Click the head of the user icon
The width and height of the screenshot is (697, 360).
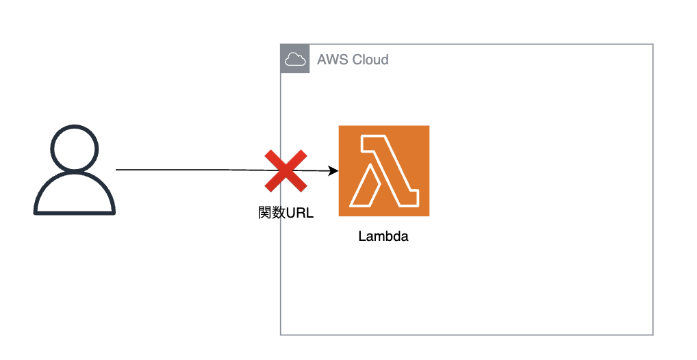click(x=75, y=149)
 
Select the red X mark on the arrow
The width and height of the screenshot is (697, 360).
click(x=286, y=170)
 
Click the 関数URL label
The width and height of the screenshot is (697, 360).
click(x=285, y=212)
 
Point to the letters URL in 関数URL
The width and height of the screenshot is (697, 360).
click(x=299, y=212)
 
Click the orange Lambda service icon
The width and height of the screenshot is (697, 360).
click(x=383, y=170)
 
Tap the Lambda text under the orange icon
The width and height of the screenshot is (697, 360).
click(x=383, y=237)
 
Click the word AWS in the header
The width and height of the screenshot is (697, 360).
click(x=331, y=60)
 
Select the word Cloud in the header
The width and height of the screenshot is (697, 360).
click(x=370, y=60)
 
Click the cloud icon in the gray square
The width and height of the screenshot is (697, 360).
click(x=295, y=60)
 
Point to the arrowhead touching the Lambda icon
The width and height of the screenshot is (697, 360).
click(x=334, y=171)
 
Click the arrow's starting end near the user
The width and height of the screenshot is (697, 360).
click(x=117, y=169)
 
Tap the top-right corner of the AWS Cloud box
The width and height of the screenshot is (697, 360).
click(x=653, y=44)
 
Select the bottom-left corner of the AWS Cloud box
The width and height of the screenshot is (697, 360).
click(x=281, y=335)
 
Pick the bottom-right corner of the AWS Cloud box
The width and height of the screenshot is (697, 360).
click(x=653, y=335)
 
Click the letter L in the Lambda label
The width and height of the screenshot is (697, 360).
click(x=362, y=237)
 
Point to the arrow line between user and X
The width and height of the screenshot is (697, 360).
click(x=192, y=170)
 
